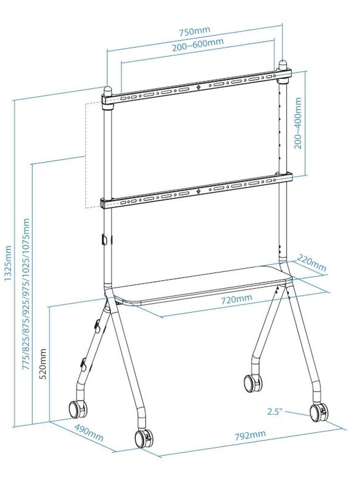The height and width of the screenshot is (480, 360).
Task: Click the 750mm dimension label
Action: pos(195,31)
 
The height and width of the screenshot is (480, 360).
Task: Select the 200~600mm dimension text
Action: pos(198,45)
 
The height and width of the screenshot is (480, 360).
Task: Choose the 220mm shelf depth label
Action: pos(311,265)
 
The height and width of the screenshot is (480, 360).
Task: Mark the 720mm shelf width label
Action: pos(236,299)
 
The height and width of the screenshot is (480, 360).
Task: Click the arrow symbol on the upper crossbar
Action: pos(198,87)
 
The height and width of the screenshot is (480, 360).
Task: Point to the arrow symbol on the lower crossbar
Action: pos(198,191)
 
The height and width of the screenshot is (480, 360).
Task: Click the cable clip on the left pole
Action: pos(104,239)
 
